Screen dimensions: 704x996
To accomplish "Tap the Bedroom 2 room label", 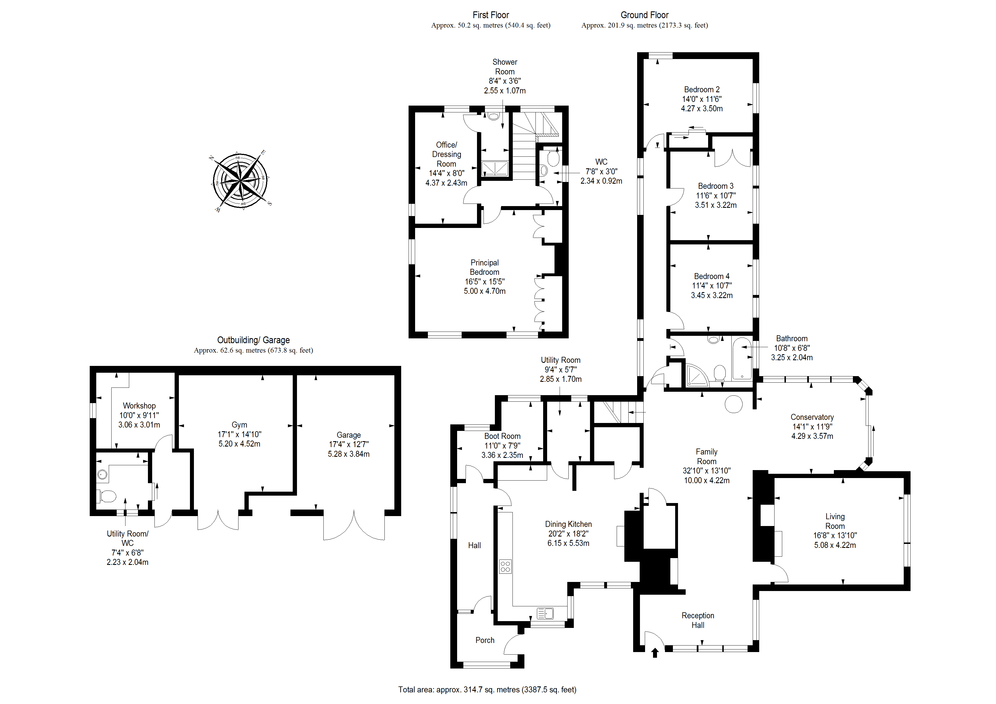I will point(702,90).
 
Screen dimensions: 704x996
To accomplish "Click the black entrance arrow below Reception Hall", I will point(655,652).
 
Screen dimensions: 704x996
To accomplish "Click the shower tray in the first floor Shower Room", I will point(495,169).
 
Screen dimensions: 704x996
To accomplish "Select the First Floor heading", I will point(491,15).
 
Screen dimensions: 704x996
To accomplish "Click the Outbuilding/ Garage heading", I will point(253,340).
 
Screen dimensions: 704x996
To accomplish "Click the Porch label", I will point(485,640).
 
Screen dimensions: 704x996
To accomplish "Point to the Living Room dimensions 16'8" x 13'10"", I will point(835,536).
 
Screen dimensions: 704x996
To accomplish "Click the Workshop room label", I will point(139,406).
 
